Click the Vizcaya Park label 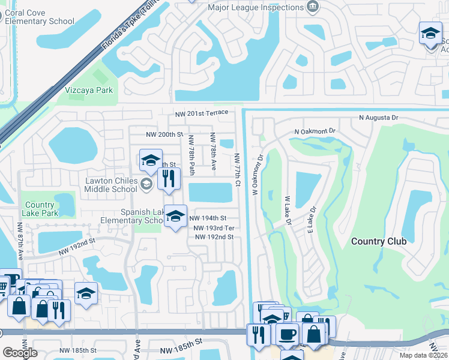[89, 91]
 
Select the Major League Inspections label [255, 8]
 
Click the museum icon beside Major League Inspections [312, 7]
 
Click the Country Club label [378, 241]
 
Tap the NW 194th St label [208, 218]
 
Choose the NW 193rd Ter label [214, 228]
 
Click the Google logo [20, 353]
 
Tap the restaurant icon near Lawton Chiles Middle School [169, 178]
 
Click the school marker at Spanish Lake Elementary [175, 217]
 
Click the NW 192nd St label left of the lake [77, 241]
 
